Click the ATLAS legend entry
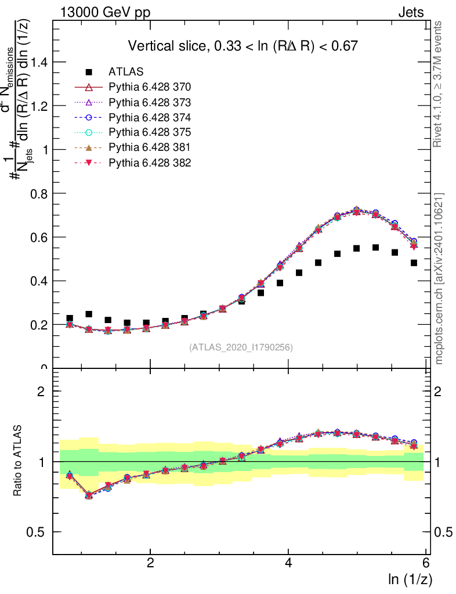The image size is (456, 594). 126,72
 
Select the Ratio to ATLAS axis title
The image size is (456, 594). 19,461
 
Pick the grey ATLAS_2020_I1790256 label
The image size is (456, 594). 241,347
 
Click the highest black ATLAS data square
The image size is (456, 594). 375,248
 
